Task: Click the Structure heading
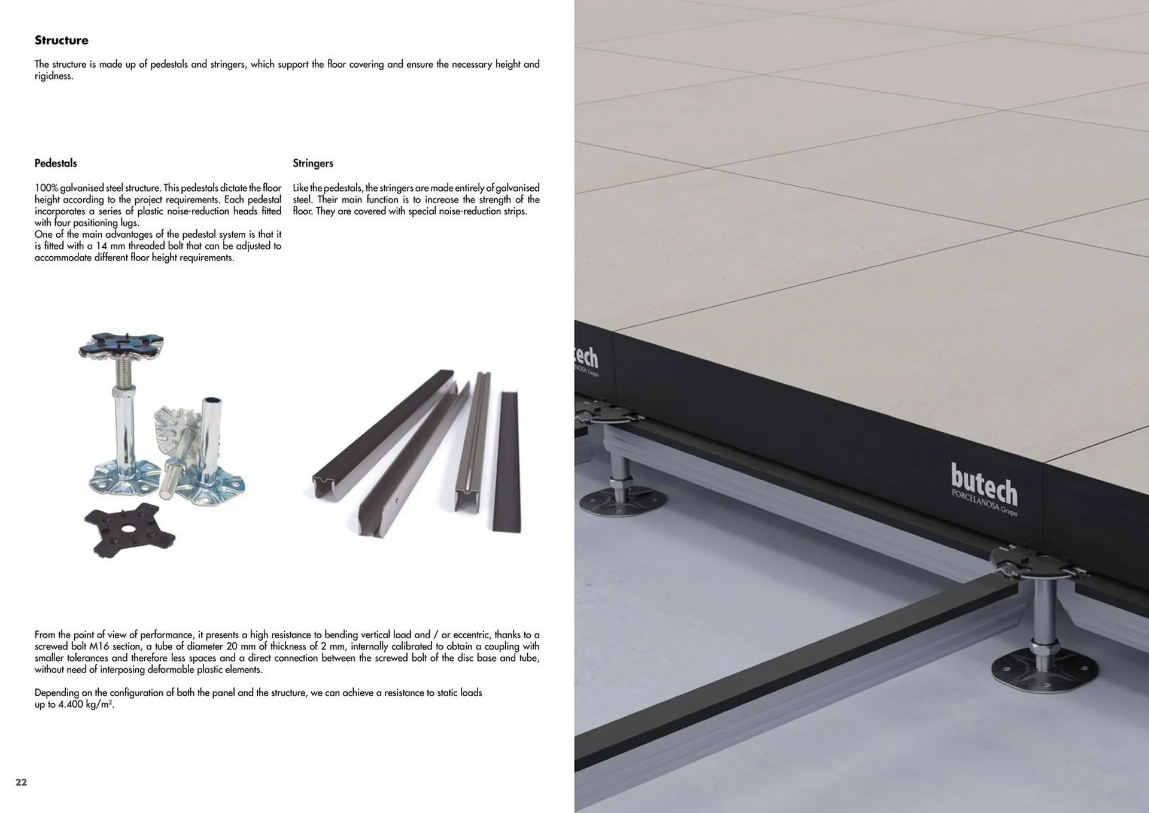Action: coord(61,40)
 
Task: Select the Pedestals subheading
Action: coord(56,163)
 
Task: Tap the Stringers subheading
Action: coord(313,163)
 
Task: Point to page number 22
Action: coord(21,782)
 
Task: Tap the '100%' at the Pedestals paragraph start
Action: coord(46,188)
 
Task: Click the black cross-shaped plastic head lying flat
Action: coord(129,529)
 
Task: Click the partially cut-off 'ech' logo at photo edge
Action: coord(586,358)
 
